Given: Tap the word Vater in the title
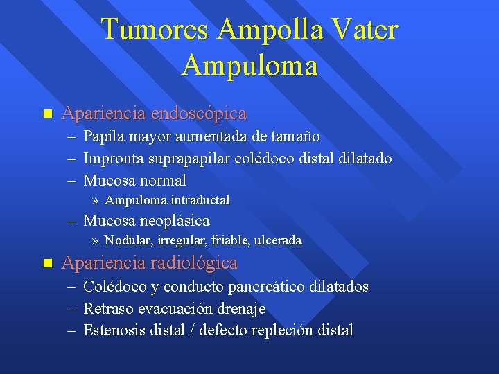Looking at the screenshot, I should (364, 30).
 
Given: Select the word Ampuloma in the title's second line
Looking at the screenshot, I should (249, 66).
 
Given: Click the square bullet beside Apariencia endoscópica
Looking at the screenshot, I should (47, 113).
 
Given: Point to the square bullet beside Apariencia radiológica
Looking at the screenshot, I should (47, 263).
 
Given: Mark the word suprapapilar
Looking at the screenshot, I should (191, 159).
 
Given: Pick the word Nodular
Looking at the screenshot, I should (128, 241).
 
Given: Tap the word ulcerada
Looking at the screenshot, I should (278, 241).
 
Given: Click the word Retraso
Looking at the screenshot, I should (107, 309).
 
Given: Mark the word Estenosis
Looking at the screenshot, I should (114, 330).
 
